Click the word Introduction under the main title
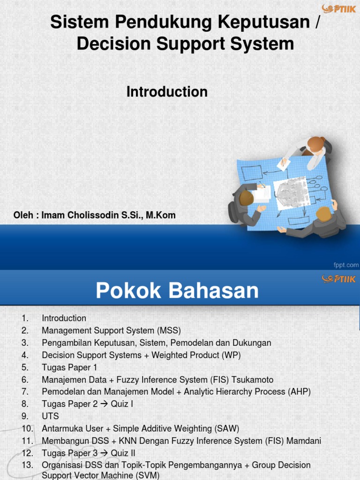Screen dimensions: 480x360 coord(167,92)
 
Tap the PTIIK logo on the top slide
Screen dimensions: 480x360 coord(338,9)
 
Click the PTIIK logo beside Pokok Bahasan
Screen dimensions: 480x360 coord(338,279)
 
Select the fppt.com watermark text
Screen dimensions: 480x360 coord(346,265)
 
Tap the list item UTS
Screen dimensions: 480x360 coord(50,416)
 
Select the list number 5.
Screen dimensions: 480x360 coord(25,367)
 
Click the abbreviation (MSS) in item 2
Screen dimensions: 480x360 coord(169,330)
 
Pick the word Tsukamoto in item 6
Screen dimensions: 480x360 coord(254,379)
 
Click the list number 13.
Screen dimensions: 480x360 coord(27,465)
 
